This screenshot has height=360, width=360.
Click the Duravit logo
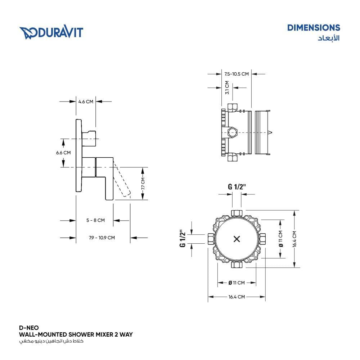[x=51, y=32]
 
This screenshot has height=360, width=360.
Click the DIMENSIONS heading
[x=313, y=28]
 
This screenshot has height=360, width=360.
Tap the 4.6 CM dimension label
[x=86, y=102]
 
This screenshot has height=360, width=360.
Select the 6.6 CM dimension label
[x=63, y=153]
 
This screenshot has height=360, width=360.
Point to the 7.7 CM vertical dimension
[x=143, y=184]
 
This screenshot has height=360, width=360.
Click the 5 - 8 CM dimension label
[x=95, y=220]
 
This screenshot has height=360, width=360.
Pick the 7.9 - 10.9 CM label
[x=102, y=238]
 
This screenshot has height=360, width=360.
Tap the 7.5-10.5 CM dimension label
[x=236, y=74]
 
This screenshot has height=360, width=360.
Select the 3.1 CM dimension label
[x=227, y=87]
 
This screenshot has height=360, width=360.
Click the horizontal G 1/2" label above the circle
[x=237, y=186]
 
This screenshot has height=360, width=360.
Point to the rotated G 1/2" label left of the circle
[x=183, y=238]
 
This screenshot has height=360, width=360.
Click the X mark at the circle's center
[x=237, y=239]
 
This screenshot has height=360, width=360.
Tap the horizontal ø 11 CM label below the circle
[x=237, y=283]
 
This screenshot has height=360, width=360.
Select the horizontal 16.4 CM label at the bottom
[x=237, y=297]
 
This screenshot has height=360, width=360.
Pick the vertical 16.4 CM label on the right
[x=294, y=239]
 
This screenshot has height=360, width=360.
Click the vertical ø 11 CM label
[x=280, y=239]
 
